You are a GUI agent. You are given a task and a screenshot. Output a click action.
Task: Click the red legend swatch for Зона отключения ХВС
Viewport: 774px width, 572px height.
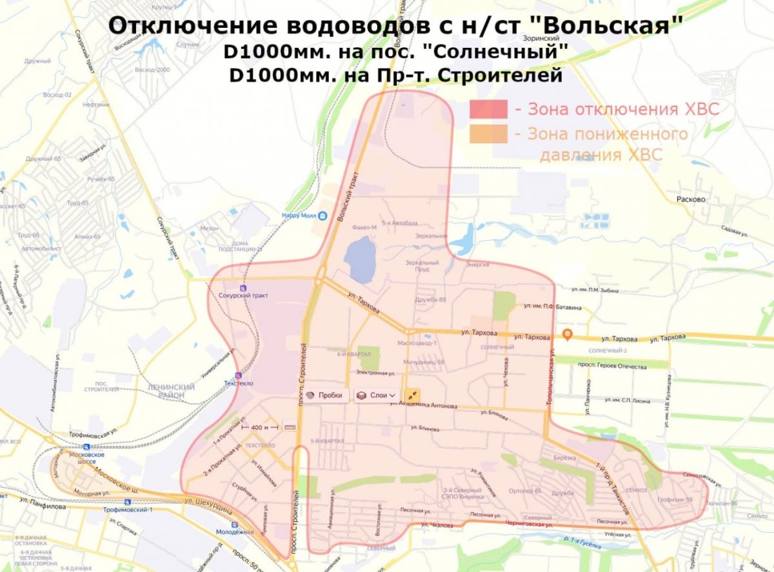(x=489, y=109)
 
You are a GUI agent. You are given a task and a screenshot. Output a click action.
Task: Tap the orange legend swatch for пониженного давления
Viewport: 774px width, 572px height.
(x=489, y=134)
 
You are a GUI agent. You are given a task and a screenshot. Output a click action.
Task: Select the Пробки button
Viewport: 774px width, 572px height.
(x=325, y=395)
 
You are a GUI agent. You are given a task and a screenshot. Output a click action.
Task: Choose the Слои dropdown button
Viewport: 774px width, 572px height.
(x=377, y=395)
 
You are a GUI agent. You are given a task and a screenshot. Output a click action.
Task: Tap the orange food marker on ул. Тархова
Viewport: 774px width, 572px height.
(x=568, y=334)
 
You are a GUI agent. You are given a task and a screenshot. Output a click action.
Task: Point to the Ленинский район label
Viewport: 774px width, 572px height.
(x=166, y=390)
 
